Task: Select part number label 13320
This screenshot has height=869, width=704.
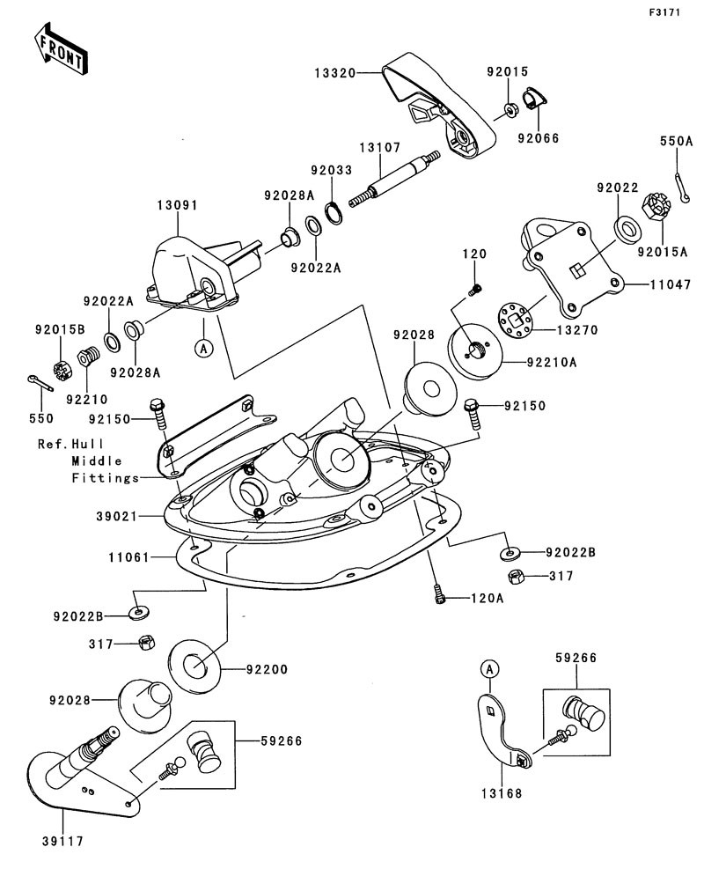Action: pos(334,74)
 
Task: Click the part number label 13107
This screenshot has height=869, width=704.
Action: pos(377,148)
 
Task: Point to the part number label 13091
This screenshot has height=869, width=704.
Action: pos(177,204)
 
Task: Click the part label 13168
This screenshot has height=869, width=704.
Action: pos(501,793)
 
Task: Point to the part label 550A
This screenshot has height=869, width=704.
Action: pos(678,140)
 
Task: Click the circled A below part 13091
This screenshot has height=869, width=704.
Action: pos(203,348)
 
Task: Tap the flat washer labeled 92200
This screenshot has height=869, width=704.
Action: pos(194,663)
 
